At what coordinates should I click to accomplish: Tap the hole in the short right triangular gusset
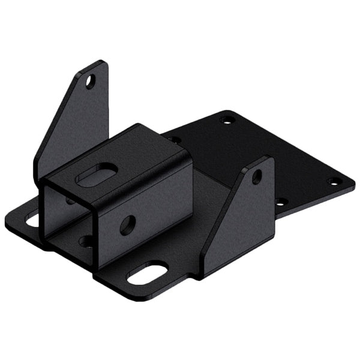[x=257, y=176]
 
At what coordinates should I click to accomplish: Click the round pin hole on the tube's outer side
[x=127, y=224]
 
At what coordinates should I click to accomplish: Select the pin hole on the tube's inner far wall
[x=71, y=200]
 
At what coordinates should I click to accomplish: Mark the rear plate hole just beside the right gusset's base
[x=278, y=202]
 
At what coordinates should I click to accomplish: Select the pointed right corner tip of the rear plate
[x=353, y=182]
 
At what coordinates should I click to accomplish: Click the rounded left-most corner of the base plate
[x=8, y=223]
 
